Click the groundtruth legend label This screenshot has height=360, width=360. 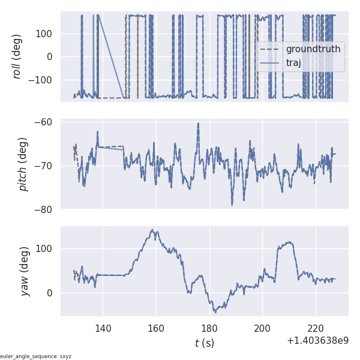pyautogui.click(x=313, y=49)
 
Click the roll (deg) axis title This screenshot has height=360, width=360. pyautogui.click(x=17, y=56)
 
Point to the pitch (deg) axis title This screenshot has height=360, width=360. pyautogui.click(x=23, y=164)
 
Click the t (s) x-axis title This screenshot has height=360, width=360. pyautogui.click(x=204, y=343)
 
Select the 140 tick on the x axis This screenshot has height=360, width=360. pyautogui.click(x=103, y=328)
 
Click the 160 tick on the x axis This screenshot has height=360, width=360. pyautogui.click(x=156, y=328)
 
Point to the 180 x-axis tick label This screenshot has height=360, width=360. pyautogui.click(x=209, y=328)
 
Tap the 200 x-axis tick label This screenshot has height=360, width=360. pyautogui.click(x=263, y=328)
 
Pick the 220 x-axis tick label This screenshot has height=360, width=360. pyautogui.click(x=316, y=328)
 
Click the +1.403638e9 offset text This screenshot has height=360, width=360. pyautogui.click(x=317, y=341)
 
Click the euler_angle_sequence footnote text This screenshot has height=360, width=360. pyautogui.click(x=36, y=356)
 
